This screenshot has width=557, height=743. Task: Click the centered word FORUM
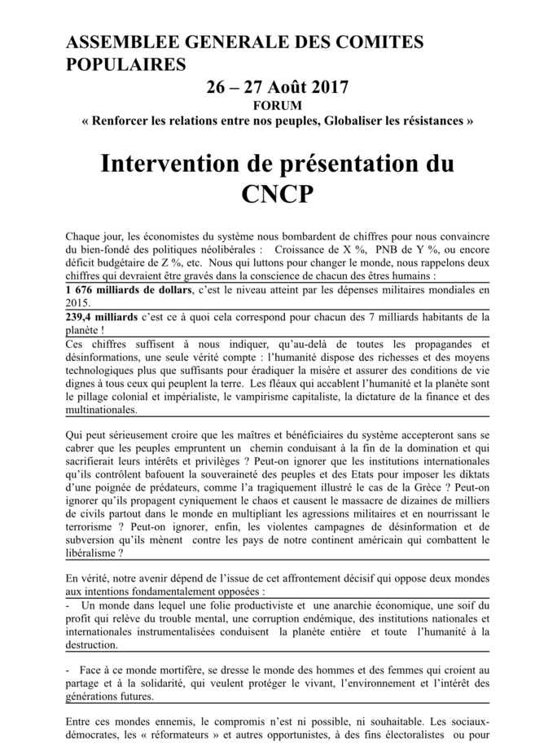click(278, 105)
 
